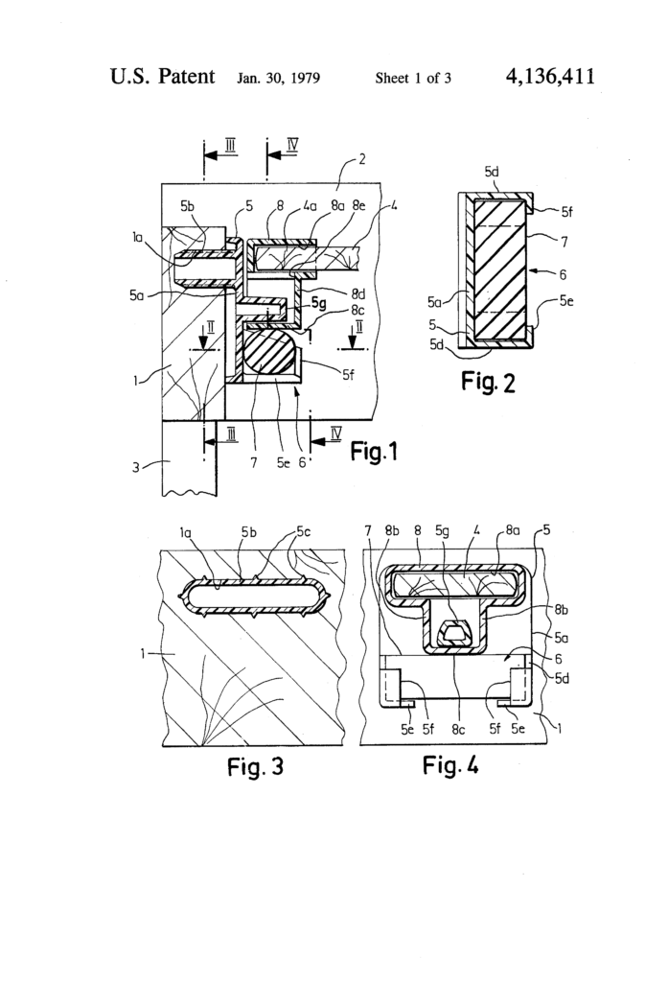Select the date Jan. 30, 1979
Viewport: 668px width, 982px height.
coord(278,78)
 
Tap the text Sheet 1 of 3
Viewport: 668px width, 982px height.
coord(413,78)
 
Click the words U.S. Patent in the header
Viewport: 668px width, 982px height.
coord(162,76)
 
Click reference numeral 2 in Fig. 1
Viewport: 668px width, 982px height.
coord(360,159)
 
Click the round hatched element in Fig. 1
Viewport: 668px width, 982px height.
coord(267,354)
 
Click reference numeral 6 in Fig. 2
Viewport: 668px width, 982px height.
coord(547,271)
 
